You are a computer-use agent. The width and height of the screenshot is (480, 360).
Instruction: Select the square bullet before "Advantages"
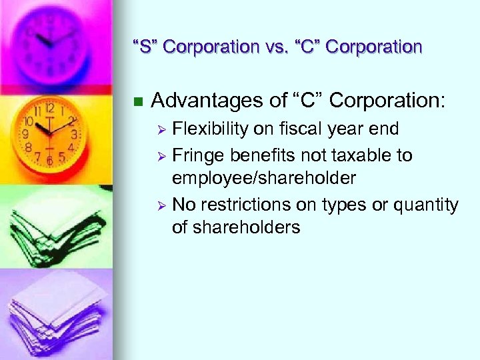[138, 102]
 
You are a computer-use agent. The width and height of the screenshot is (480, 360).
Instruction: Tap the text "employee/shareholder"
[264, 178]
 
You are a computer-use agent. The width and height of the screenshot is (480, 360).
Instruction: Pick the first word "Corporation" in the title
[211, 47]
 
